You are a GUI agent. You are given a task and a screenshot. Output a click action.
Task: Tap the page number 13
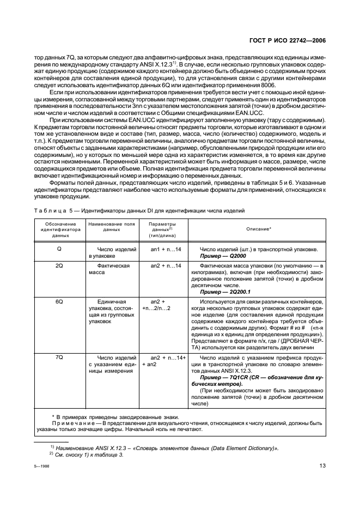point(322,465)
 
